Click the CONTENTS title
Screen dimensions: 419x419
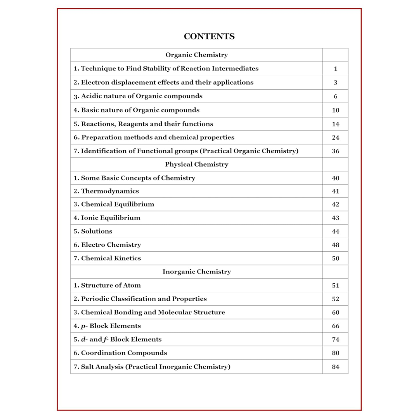point(209,36)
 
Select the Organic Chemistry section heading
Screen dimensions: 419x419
point(196,55)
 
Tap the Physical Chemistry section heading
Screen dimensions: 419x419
point(196,164)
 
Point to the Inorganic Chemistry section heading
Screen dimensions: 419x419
point(196,272)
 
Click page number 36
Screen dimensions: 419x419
point(336,151)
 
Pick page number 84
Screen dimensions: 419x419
point(336,367)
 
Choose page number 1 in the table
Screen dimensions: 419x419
point(336,69)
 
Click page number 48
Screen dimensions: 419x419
point(336,245)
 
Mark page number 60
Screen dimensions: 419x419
point(336,312)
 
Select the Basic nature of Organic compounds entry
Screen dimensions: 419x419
point(137,110)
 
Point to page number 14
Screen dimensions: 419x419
point(336,124)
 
